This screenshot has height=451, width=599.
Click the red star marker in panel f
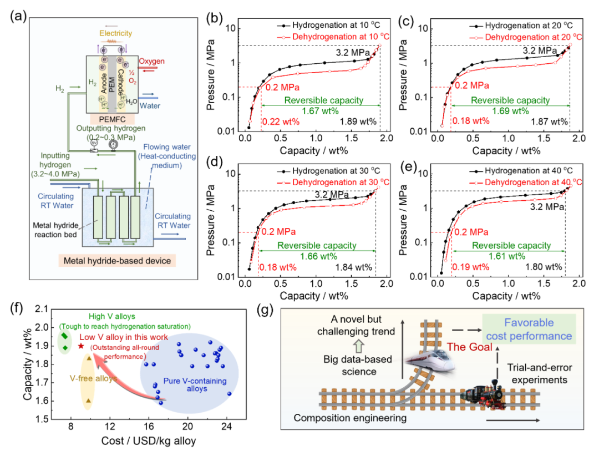[82, 346]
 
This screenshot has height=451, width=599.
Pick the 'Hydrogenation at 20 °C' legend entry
[524, 26]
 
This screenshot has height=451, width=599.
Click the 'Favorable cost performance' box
[526, 330]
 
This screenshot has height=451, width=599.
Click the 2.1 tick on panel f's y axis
[47, 309]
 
